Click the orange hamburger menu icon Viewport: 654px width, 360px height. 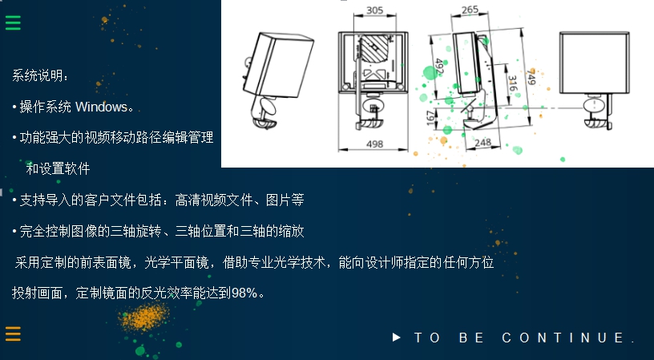pyautogui.click(x=13, y=334)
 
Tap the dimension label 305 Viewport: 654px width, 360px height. pyautogui.click(x=373, y=10)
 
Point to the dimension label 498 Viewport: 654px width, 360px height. pyautogui.click(x=373, y=144)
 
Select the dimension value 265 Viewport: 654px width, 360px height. pyautogui.click(x=470, y=10)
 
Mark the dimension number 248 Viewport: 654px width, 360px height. pyautogui.click(x=482, y=143)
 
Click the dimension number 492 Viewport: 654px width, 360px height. pyautogui.click(x=438, y=67)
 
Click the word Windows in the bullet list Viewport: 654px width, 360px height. pyautogui.click(x=101, y=107)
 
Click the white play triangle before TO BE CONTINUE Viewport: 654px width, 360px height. pyautogui.click(x=397, y=338)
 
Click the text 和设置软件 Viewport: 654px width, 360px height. pyautogui.click(x=58, y=169)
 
